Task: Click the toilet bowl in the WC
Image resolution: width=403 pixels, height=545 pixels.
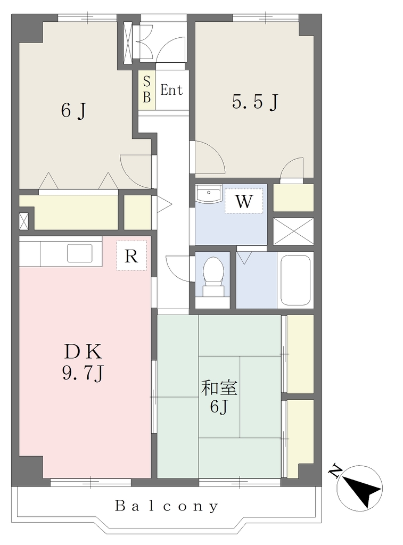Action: [x=213, y=271]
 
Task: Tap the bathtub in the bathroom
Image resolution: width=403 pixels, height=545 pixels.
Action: [x=295, y=280]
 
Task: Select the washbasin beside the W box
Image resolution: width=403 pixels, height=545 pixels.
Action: [x=208, y=194]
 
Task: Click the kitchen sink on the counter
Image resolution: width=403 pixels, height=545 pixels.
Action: [x=80, y=253]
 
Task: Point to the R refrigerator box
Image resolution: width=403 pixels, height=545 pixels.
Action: [x=131, y=256]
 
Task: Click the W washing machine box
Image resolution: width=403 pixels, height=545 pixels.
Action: [x=243, y=201]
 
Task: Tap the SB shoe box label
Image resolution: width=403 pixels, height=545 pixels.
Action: [x=147, y=90]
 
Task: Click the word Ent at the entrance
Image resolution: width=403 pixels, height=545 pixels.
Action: [x=171, y=90]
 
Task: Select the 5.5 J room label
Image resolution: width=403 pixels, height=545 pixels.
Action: [x=255, y=102]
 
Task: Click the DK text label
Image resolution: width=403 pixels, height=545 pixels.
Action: [x=83, y=351]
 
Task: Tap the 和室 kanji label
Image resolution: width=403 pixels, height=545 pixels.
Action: [x=219, y=388]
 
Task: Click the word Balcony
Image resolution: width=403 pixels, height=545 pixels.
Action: [x=167, y=506]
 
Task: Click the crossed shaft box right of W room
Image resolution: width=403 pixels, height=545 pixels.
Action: [x=293, y=231]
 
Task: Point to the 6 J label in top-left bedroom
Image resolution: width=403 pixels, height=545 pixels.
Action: [x=73, y=111]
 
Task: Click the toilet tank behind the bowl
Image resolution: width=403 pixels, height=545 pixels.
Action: [x=213, y=291]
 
